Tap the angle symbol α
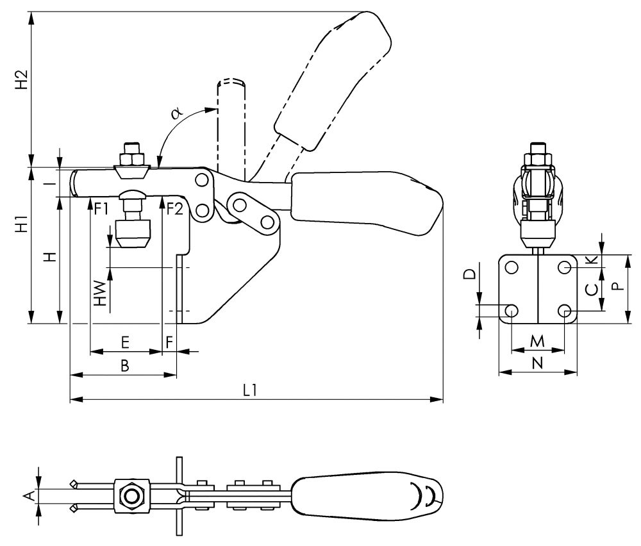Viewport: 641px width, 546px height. coord(178,113)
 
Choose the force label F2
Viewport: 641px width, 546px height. coord(174,208)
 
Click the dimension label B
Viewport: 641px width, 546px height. coord(125,366)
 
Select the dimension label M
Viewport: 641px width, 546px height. coord(538,340)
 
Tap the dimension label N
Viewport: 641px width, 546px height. coord(538,363)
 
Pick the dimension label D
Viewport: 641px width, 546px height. coord(469,274)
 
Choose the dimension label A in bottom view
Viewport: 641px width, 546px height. coord(28,495)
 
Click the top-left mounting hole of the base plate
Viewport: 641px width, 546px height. coord(512,266)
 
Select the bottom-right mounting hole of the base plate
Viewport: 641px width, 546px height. coord(565,311)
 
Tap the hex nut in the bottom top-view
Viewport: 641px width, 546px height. coord(132,496)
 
